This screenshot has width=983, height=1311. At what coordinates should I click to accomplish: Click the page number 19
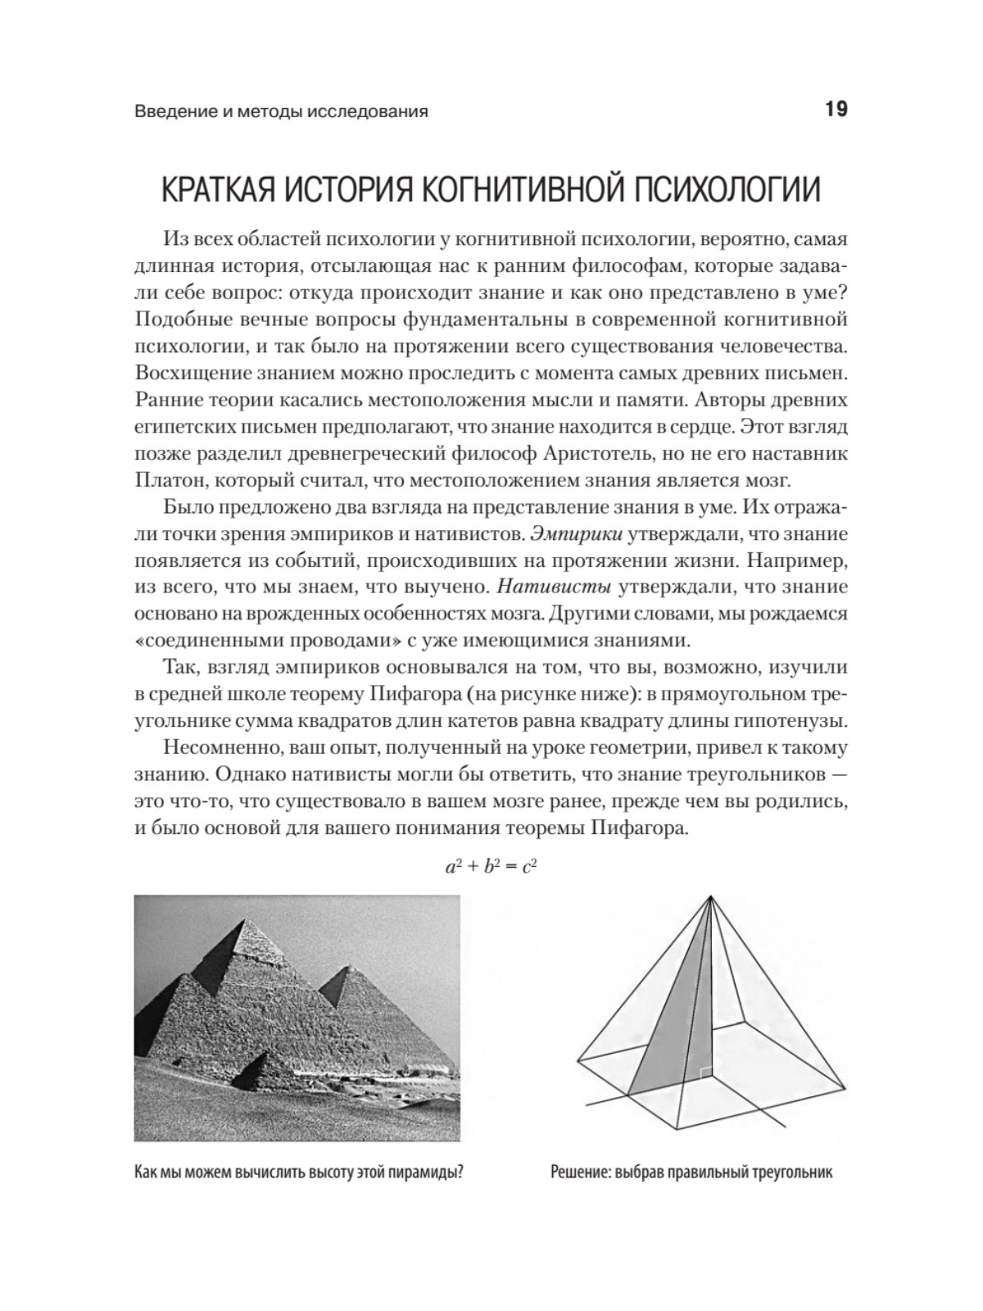coord(831,109)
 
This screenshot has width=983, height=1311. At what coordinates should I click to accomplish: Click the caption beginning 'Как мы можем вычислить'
coord(299,1171)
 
